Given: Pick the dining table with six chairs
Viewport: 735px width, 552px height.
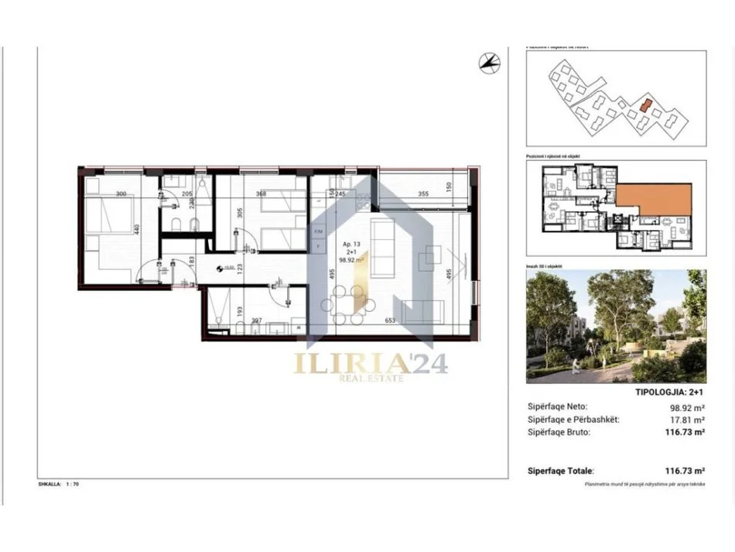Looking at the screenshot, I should [346, 300].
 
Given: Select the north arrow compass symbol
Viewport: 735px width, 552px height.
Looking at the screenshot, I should [487, 63].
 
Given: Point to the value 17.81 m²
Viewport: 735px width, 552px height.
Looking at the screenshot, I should [689, 419].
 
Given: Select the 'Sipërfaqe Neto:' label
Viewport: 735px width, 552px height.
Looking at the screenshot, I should [556, 405].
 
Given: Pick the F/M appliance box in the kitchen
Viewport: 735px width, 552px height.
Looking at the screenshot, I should [317, 231].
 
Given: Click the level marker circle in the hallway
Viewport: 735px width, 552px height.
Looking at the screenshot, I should [220, 268].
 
